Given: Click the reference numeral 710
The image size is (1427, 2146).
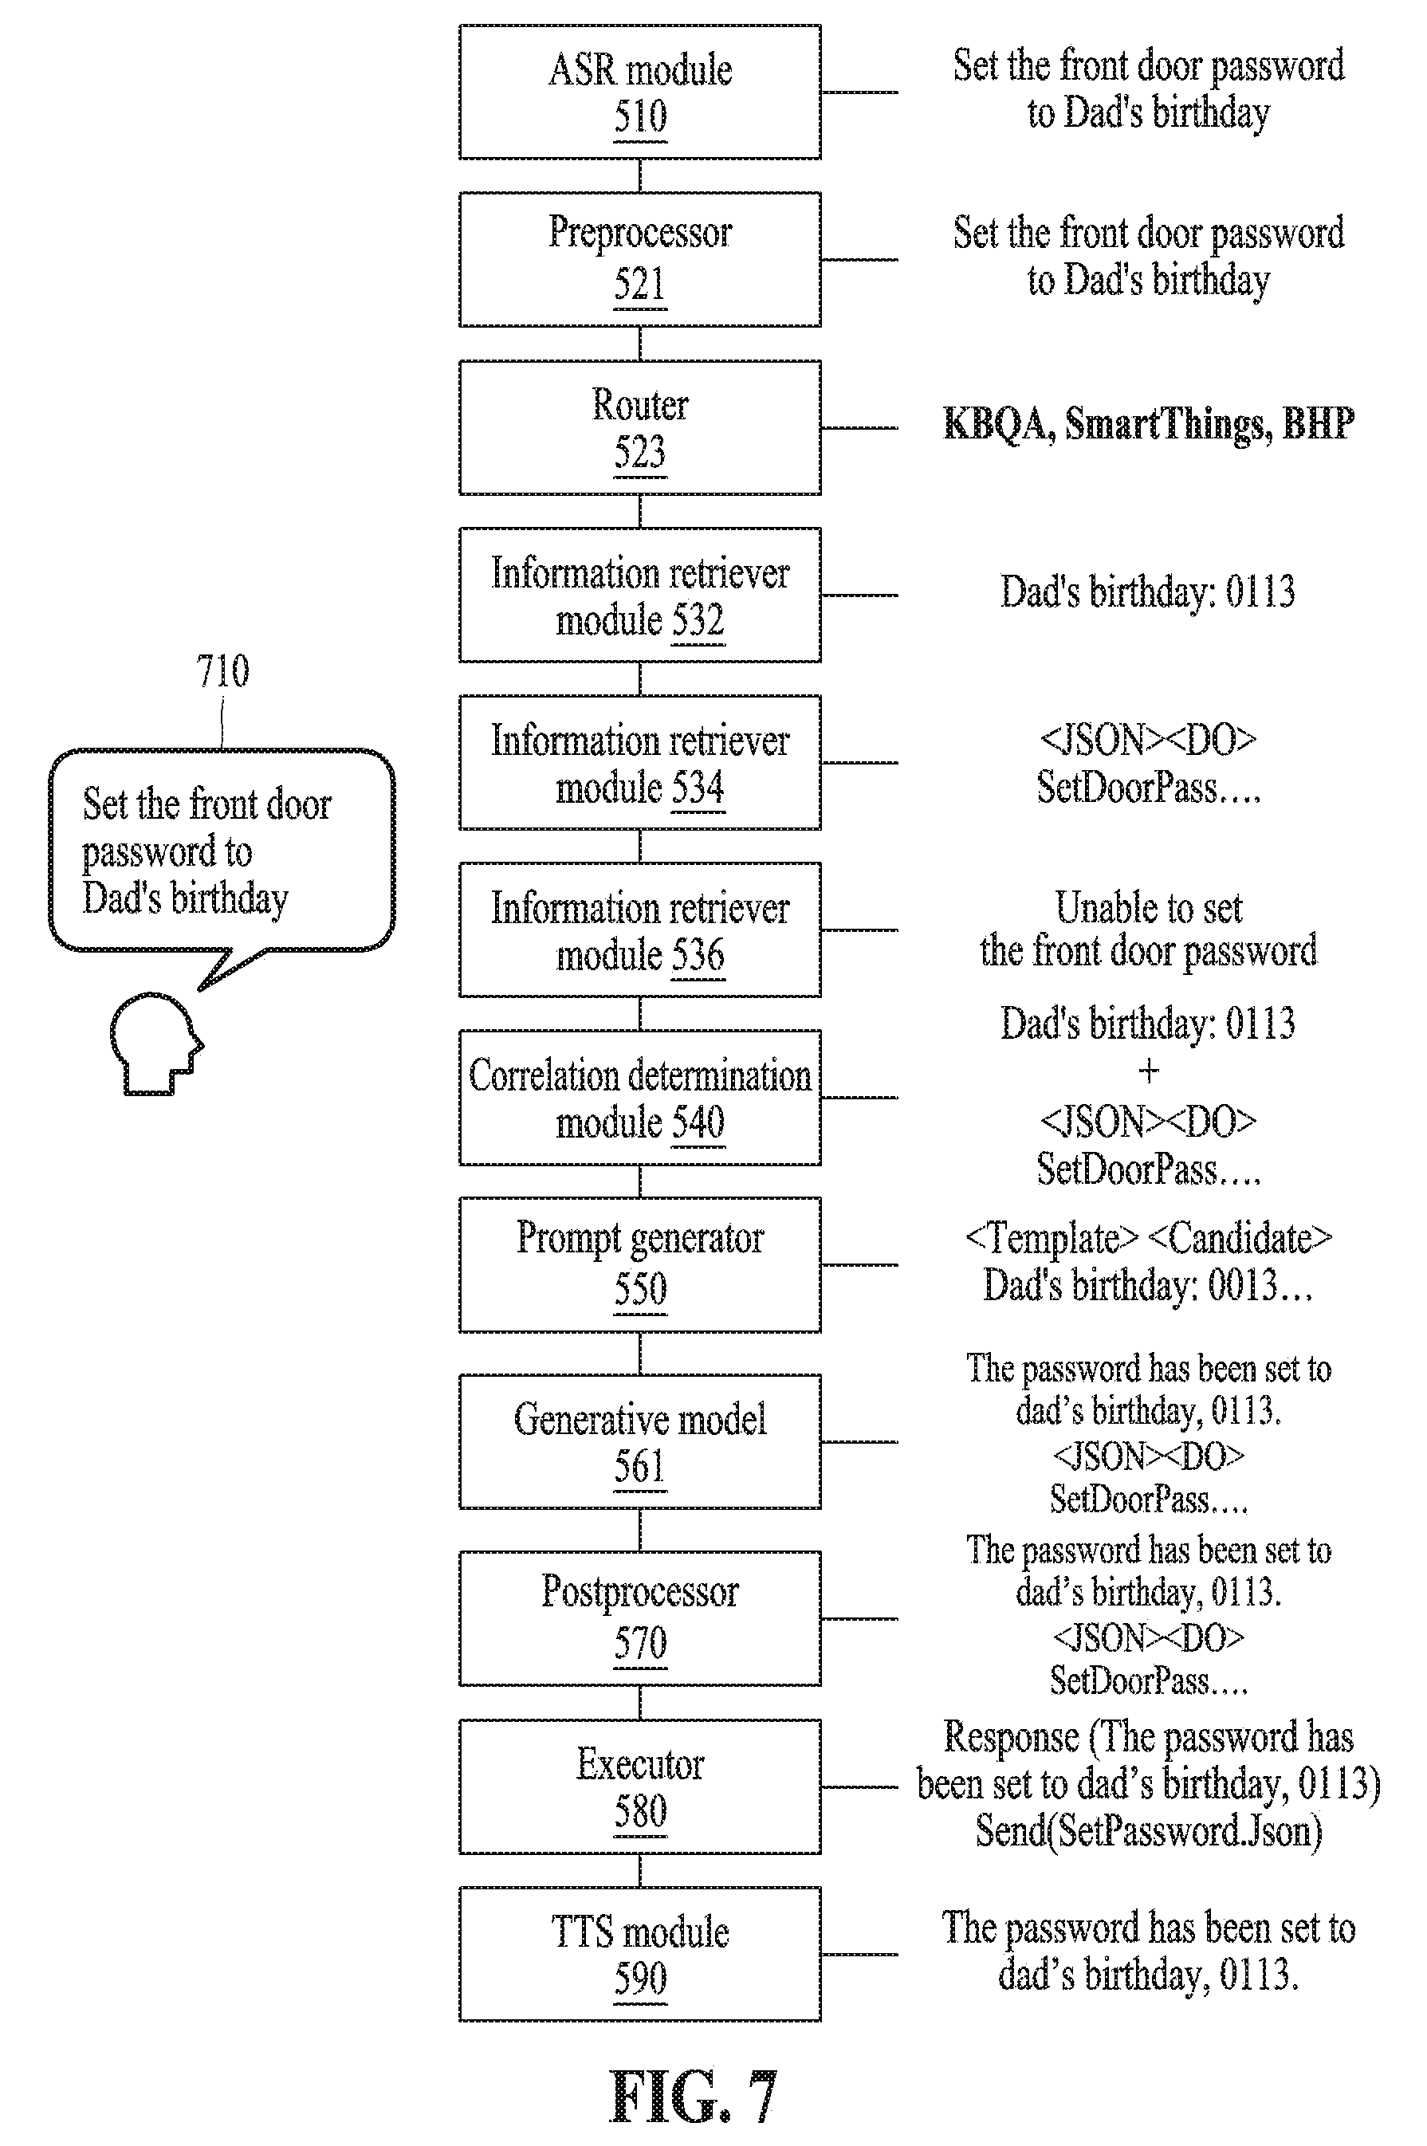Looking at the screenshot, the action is (222, 672).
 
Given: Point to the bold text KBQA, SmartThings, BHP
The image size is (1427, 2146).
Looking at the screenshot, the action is (1149, 424).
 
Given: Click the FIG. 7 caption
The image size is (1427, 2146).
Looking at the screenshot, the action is (694, 2097).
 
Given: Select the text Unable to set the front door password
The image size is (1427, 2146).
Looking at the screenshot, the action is (1149, 930).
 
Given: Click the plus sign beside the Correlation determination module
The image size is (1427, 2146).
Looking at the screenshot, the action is (1149, 1071).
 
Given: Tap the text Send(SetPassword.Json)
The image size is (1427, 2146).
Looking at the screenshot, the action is (1149, 1831).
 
